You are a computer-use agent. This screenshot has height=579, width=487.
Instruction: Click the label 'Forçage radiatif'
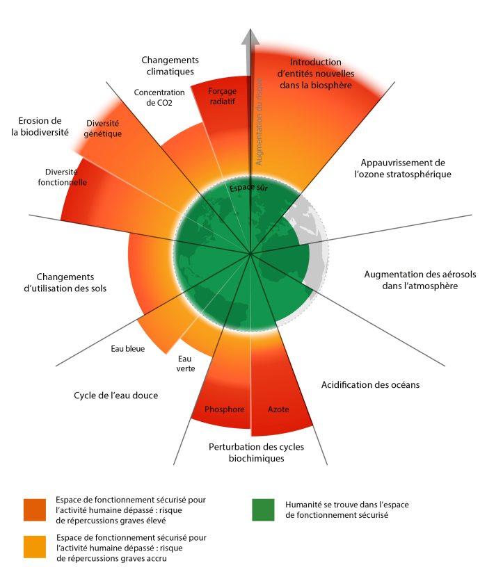pyautogui.click(x=222, y=96)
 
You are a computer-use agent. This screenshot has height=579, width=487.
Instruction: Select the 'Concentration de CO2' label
pyautogui.click(x=159, y=97)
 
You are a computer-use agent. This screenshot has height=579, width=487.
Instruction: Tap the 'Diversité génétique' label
pyautogui.click(x=104, y=129)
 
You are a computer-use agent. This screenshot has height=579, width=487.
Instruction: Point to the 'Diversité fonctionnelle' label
pyautogui.click(x=62, y=177)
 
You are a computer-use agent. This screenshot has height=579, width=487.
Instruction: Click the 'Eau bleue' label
pyautogui.click(x=127, y=349)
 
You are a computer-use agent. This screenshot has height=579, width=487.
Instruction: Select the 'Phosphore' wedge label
pyautogui.click(x=225, y=409)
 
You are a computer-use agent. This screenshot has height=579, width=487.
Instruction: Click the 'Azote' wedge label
pyautogui.click(x=278, y=409)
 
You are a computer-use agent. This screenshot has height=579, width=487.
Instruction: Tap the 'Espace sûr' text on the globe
pyautogui.click(x=249, y=187)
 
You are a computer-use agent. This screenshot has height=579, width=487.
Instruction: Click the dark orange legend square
pyautogui.click(x=35, y=509)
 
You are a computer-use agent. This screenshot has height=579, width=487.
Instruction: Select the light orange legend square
pyautogui.click(x=35, y=547)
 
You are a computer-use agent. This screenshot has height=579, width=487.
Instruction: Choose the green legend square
pyautogui.click(x=263, y=509)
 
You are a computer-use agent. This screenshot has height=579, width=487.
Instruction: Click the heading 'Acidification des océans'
pyautogui.click(x=369, y=384)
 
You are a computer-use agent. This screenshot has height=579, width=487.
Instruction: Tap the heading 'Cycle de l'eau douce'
pyautogui.click(x=116, y=395)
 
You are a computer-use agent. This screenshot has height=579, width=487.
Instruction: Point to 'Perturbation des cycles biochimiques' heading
pyautogui.click(x=250, y=452)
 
